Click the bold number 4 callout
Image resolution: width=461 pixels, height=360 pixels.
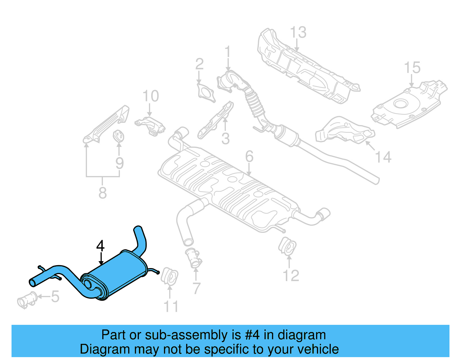pos(100,246)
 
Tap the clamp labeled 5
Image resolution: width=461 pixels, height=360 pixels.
pos(27,300)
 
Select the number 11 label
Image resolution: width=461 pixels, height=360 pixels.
pos(171,307)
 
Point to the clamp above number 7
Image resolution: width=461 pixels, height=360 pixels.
pos(194,257)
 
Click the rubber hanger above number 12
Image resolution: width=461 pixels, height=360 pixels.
pos(287,246)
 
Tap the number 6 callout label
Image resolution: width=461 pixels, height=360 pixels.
pos(249,157)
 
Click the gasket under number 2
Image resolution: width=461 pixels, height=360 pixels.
pos(206,93)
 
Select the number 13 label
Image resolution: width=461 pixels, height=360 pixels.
pos(298,32)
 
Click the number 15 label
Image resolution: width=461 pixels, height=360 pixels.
pos(412,68)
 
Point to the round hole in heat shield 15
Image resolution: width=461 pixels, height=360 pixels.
pos(400,103)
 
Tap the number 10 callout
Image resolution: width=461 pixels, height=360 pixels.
pos(151,96)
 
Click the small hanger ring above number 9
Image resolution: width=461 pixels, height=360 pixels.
pos(118,136)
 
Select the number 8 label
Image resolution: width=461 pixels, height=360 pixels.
pos(103,193)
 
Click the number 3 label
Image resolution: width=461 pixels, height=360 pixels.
pos(225,139)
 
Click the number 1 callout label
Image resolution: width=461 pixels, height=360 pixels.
pos(228,52)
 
